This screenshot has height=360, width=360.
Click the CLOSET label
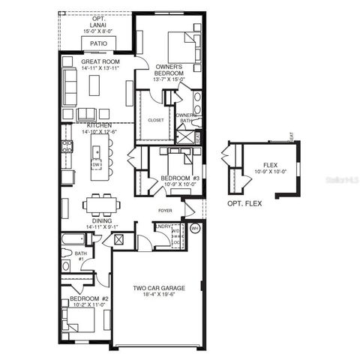pyautogui.click(x=155, y=119)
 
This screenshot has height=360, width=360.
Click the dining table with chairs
pyautogui.click(x=101, y=203)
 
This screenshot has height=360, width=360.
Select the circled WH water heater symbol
pyautogui.click(x=195, y=228)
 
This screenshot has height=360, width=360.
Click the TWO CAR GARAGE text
pyautogui.click(x=159, y=288)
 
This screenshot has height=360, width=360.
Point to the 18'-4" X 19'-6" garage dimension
pyautogui.click(x=159, y=295)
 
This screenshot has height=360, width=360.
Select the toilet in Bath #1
pyautogui.click(x=66, y=265)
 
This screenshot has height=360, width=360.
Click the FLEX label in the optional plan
pyautogui.click(x=270, y=165)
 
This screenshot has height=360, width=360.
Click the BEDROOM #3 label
pyautogui.click(x=180, y=178)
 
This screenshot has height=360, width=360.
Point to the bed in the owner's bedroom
pyautogui.click(x=182, y=46)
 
